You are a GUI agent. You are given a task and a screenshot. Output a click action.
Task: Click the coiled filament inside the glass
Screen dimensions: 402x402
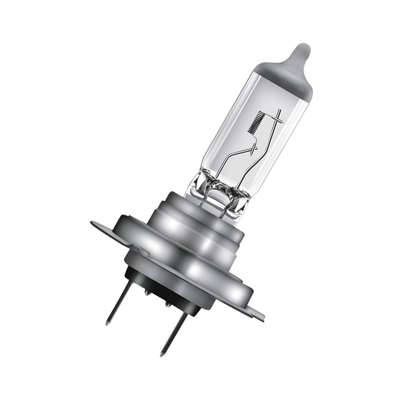point(255,122)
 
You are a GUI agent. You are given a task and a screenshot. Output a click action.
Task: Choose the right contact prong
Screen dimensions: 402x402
point(173,332)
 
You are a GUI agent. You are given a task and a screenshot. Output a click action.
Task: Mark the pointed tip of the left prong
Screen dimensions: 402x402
point(107,323)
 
